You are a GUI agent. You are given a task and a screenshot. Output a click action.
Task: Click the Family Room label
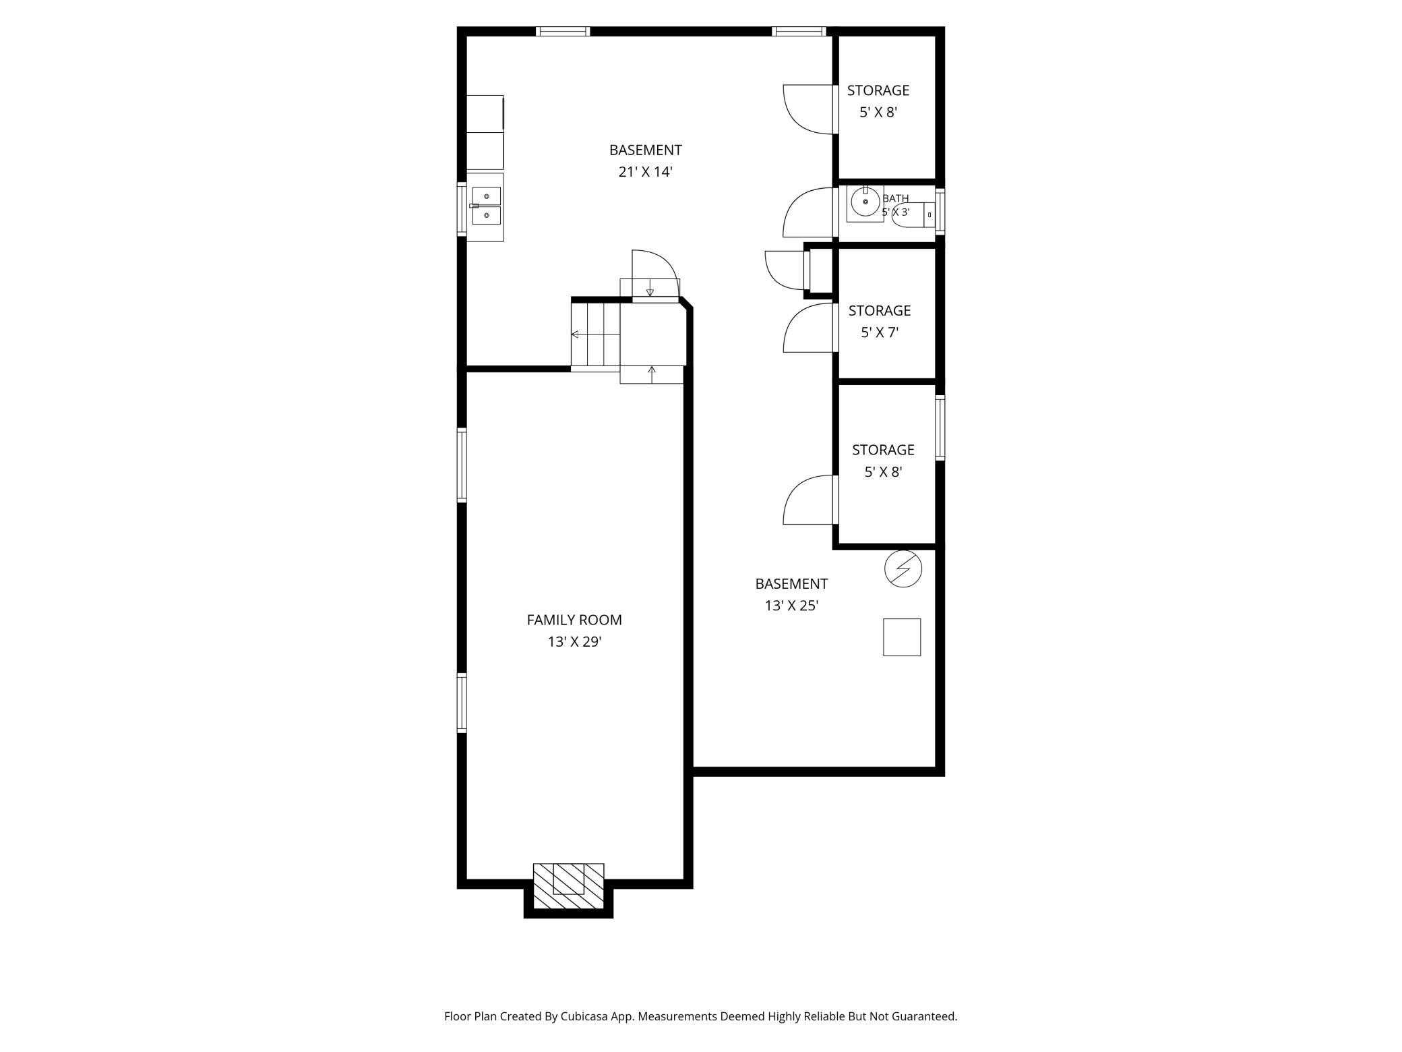[574, 620]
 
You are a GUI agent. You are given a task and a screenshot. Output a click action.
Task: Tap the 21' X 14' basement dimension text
[646, 172]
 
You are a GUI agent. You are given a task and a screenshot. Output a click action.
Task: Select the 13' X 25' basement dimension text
[791, 606]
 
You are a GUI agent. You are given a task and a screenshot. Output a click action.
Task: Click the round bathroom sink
[865, 201]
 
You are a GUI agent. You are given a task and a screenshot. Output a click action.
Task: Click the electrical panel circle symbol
[903, 568]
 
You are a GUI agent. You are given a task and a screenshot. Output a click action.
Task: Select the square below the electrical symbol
[902, 637]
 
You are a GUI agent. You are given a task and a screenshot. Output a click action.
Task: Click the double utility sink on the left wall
[486, 206]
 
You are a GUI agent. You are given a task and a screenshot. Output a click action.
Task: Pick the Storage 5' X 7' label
[880, 321]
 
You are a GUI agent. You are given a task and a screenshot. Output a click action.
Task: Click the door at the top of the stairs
[654, 273]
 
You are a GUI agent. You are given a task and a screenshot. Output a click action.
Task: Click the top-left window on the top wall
[563, 31]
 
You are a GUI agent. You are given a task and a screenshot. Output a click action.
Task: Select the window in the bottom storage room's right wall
[940, 428]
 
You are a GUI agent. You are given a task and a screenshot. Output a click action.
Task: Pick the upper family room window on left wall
[462, 465]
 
